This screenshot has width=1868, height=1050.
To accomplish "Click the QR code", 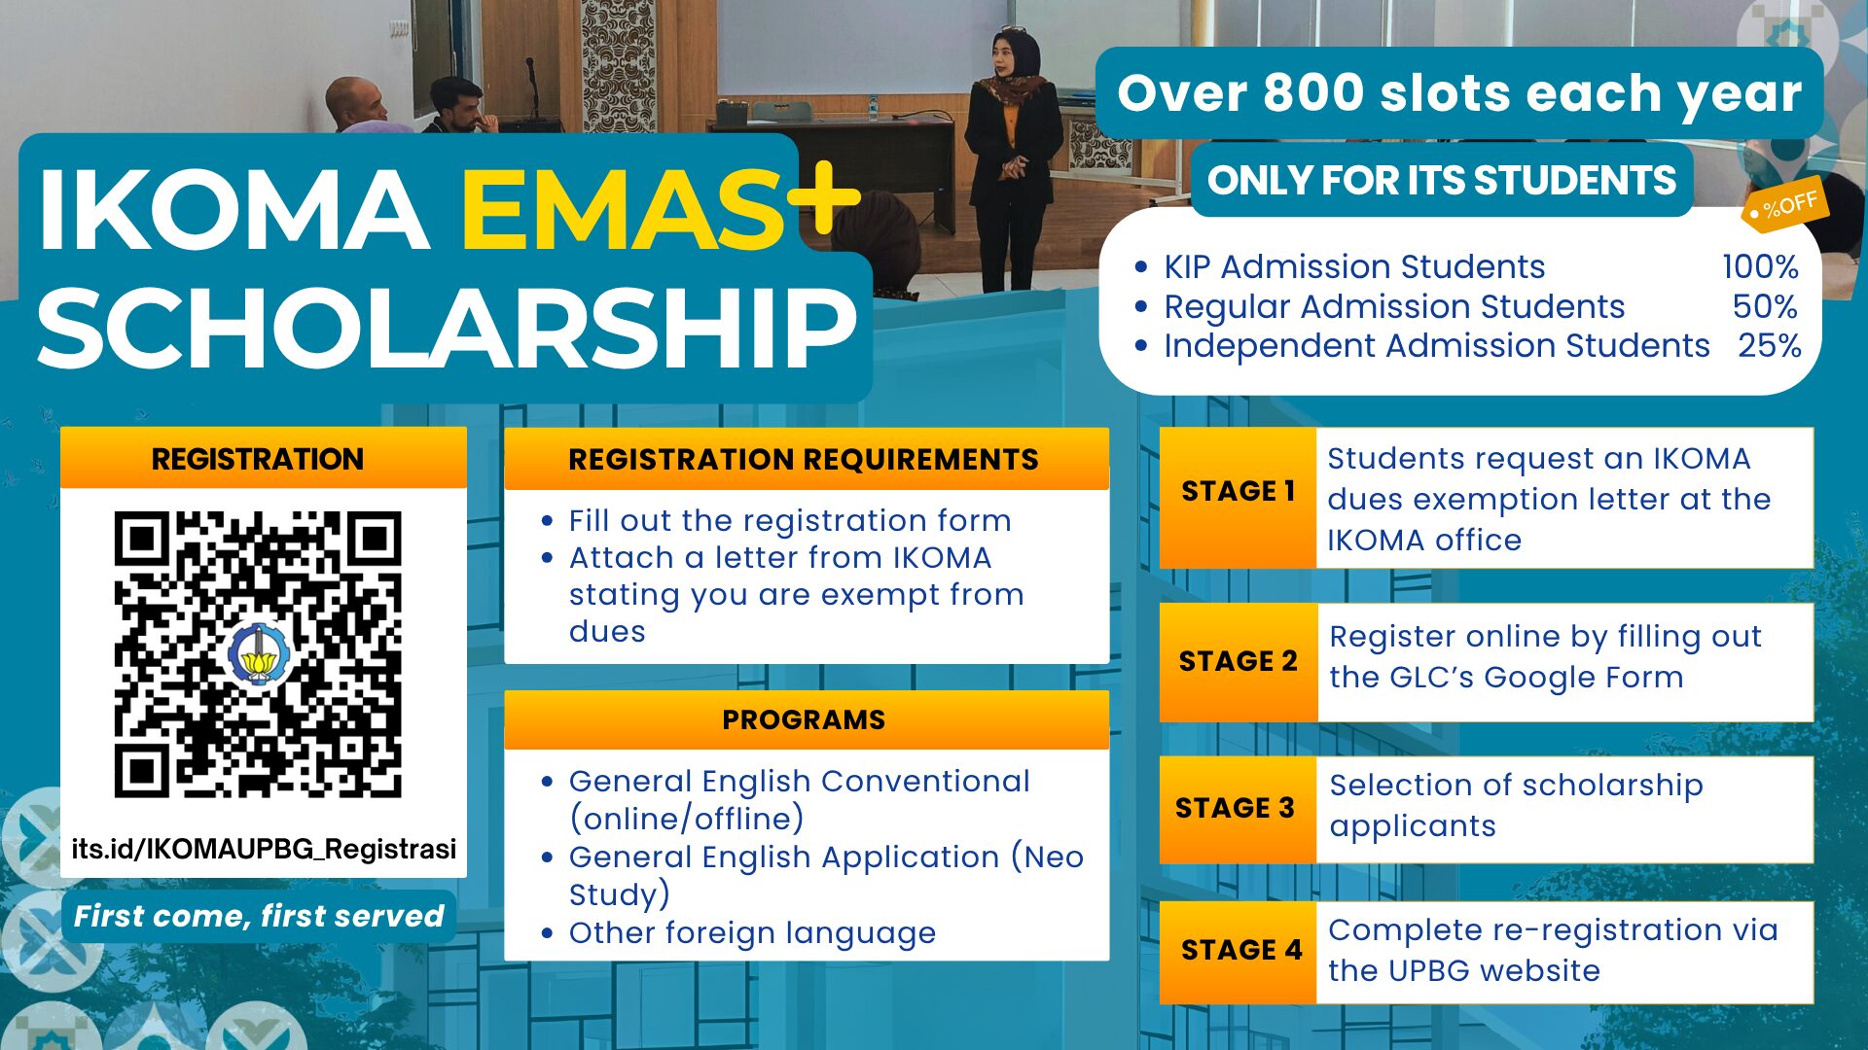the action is click(258, 654).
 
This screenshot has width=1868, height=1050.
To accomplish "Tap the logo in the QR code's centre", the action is click(258, 655).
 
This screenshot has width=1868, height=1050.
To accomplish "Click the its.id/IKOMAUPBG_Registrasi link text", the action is click(264, 849).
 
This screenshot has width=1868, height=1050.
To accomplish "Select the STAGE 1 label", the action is click(1238, 491).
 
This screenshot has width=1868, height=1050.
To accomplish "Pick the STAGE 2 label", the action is click(1238, 661).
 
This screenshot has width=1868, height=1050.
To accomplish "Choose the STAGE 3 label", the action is click(1235, 808).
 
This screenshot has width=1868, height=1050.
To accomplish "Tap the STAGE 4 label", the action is click(1241, 950).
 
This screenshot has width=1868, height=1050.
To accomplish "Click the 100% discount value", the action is click(1760, 266).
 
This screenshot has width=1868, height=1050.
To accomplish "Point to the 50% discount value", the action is click(1765, 306).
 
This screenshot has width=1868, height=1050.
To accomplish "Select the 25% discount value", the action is click(1770, 345).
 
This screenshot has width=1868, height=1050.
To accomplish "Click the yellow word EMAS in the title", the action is click(623, 209).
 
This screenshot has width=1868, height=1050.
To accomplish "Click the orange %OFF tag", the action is click(1783, 205).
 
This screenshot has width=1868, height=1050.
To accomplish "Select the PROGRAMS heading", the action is click(804, 719).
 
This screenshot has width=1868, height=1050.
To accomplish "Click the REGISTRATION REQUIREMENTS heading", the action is click(804, 459).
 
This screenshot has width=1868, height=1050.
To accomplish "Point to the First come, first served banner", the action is click(259, 916).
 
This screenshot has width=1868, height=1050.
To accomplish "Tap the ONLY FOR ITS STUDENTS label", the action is click(1442, 181).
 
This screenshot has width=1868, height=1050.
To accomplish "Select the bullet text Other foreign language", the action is click(752, 933).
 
